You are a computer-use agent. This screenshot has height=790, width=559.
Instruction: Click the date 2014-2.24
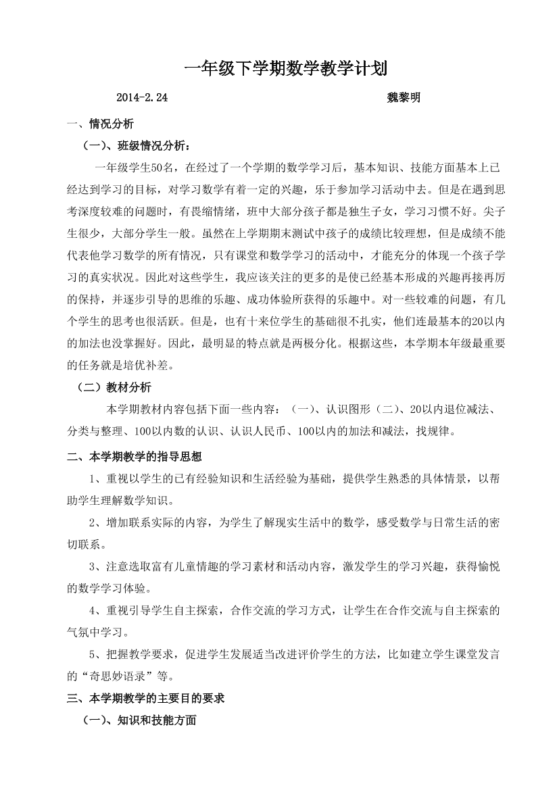click(142, 97)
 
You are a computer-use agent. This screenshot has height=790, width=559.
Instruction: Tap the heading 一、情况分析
click(101, 124)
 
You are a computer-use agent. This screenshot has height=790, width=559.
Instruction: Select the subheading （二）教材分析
click(116, 387)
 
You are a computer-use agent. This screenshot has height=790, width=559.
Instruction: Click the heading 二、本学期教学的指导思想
click(135, 456)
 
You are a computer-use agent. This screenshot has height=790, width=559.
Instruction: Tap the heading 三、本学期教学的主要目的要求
click(146, 699)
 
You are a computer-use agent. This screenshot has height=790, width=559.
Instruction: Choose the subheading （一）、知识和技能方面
click(139, 720)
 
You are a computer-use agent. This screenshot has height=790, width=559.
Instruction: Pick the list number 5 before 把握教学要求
click(93, 653)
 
